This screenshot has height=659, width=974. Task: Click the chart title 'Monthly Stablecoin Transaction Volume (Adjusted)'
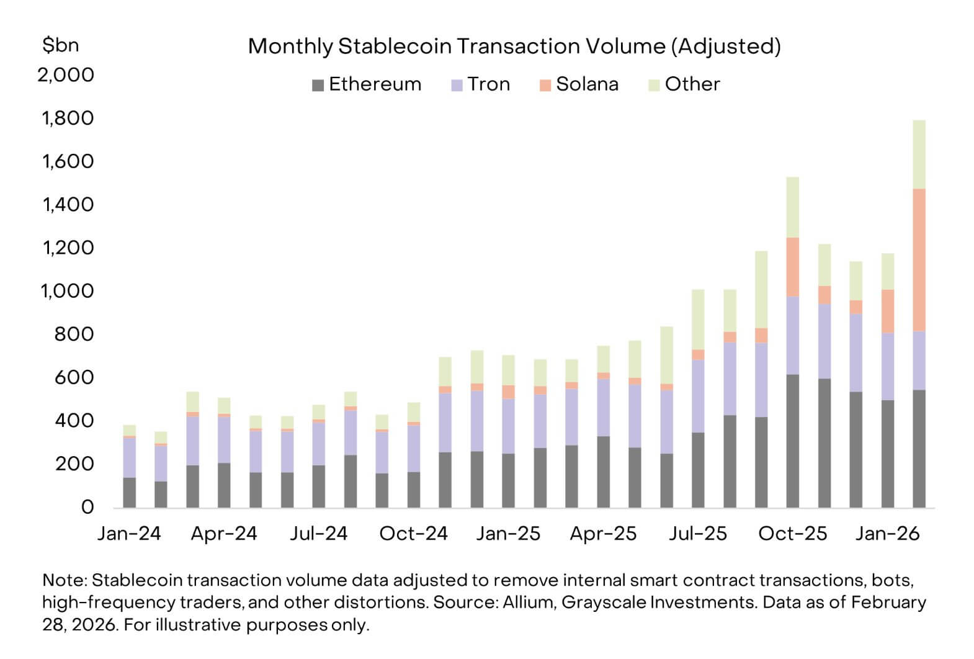[x=514, y=47]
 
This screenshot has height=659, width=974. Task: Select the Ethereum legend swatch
[x=318, y=86]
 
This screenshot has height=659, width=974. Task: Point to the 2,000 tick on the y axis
[x=66, y=75]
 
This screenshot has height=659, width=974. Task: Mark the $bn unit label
[x=60, y=45]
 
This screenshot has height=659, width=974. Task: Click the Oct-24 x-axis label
[x=413, y=534]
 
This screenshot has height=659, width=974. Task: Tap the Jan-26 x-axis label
[x=887, y=534]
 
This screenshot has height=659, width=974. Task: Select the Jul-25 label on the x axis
[x=698, y=534]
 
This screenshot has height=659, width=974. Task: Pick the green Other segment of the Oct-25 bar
[x=792, y=207]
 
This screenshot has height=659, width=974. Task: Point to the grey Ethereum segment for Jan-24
[x=129, y=492]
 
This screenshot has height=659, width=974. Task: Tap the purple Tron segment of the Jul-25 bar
[x=698, y=395]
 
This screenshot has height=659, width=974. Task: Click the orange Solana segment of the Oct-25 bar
[x=792, y=267]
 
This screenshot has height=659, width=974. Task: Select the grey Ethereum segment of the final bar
[x=919, y=448]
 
